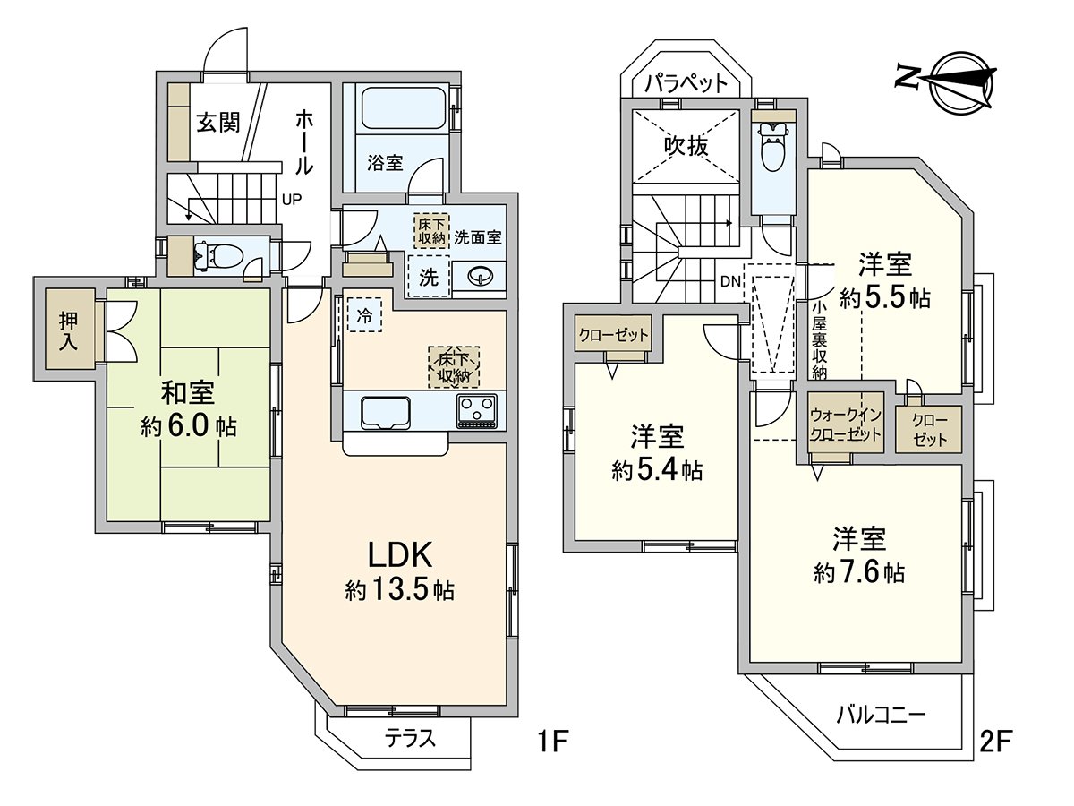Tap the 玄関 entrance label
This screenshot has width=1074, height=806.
pos(217,123)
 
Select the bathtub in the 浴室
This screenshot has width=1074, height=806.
pos(403,109)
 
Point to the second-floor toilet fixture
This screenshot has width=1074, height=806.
pos(770,148)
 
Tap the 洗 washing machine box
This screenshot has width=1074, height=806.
pos(429,277)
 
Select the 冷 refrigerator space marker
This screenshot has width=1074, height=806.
pos(364,314)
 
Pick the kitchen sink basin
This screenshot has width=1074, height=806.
pos(385,412)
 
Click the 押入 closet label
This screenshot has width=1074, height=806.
pos(69,330)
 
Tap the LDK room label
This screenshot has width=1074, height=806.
pos(401,555)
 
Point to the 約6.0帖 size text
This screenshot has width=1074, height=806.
pos(188,426)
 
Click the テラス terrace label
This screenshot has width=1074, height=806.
pos(410,739)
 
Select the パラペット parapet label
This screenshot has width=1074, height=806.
pos(686,83)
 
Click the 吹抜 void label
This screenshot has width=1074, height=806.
pos(686,145)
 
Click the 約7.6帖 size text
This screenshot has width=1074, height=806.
pos(859,572)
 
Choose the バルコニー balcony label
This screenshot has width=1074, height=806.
pos(881,715)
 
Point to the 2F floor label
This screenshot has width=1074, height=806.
pos(993,742)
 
